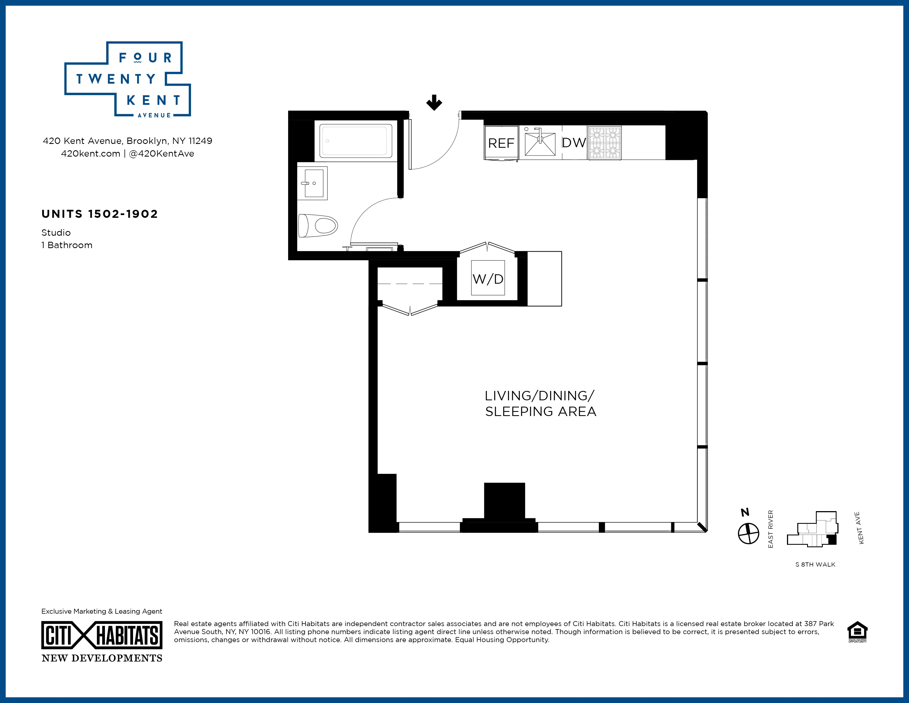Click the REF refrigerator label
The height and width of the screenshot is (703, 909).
point(501,143)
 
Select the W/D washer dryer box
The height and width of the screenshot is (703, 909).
point(488,278)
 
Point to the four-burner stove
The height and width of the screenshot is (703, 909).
point(604,143)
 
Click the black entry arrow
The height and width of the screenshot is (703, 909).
point(434,103)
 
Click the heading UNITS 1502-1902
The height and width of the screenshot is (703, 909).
point(99,214)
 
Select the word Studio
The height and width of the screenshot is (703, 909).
point(56,233)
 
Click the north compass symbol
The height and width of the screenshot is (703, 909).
point(748,533)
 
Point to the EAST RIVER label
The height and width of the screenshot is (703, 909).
point(770,529)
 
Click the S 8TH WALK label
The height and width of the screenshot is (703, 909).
point(815,565)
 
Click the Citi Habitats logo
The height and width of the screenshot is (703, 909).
point(102,635)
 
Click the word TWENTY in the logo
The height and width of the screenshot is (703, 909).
point(116,79)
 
